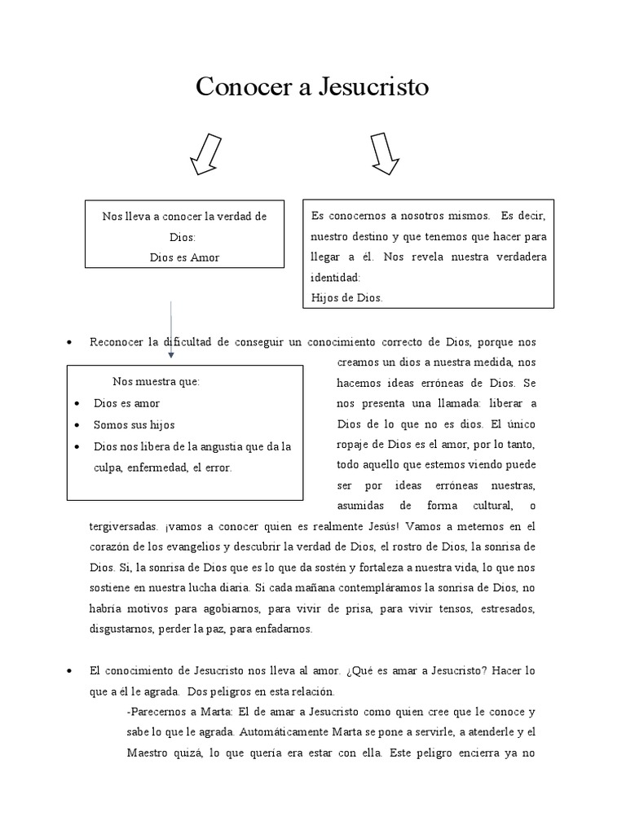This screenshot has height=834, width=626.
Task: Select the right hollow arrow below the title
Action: pyautogui.click(x=384, y=154)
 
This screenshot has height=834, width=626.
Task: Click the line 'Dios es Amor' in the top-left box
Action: pyautogui.click(x=185, y=257)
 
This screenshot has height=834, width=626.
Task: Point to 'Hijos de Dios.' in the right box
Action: pyautogui.click(x=346, y=298)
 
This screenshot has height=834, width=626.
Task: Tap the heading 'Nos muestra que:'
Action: pyautogui.click(x=156, y=382)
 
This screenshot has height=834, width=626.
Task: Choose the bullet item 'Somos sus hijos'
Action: pyautogui.click(x=134, y=425)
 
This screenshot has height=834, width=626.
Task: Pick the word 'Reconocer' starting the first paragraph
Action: pyautogui.click(x=114, y=341)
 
